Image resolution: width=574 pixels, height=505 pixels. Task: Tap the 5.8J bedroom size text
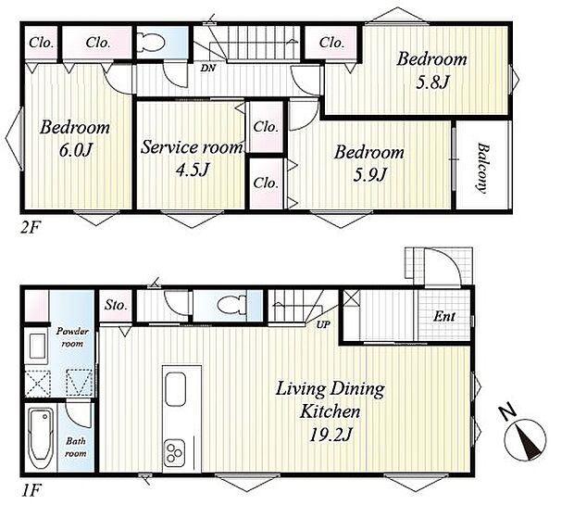pyautogui.click(x=432, y=82)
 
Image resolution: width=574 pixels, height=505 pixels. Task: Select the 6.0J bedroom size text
pyautogui.click(x=75, y=150)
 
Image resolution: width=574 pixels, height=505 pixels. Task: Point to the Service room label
pyautogui.click(x=192, y=147)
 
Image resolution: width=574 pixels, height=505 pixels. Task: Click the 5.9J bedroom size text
pyautogui.click(x=369, y=174)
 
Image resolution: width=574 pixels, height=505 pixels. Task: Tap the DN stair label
pyautogui.click(x=208, y=69)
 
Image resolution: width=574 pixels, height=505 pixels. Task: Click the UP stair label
pyautogui.click(x=323, y=324)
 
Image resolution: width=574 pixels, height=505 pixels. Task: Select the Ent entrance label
pyautogui.click(x=444, y=316)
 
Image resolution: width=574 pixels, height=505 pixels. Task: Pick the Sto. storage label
pyautogui.click(x=116, y=305)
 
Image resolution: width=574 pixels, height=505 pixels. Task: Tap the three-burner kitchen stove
pyautogui.click(x=174, y=452)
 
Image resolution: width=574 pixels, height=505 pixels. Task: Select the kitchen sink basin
pyautogui.click(x=175, y=389)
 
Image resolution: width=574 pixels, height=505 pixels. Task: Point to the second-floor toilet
pyautogui.click(x=151, y=42)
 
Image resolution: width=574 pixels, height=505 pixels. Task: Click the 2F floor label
pyautogui.click(x=30, y=228)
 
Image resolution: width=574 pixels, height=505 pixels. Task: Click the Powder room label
pyautogui.click(x=72, y=337)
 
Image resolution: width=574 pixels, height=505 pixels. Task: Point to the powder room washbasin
pyautogui.click(x=37, y=347)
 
